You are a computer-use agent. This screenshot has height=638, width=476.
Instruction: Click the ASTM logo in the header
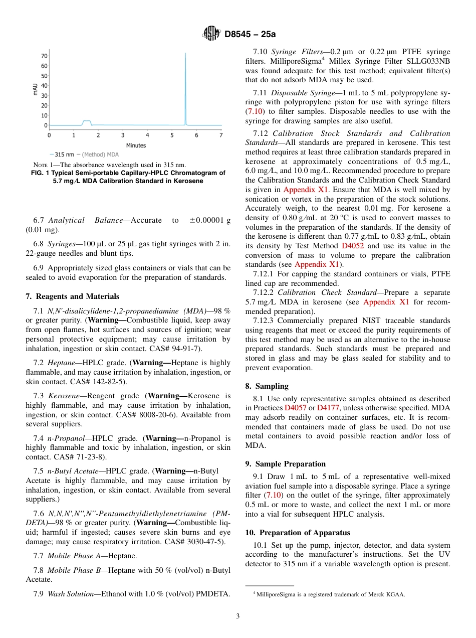click(x=210, y=34)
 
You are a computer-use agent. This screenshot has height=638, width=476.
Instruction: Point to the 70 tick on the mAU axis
click(x=44, y=56)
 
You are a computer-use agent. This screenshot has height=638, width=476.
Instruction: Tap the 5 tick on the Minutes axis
click(x=172, y=135)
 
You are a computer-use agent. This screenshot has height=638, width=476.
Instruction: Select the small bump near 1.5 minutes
click(x=87, y=122)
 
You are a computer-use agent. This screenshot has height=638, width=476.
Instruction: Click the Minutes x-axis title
click(x=136, y=145)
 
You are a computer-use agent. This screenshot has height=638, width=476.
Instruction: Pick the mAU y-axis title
click(x=35, y=89)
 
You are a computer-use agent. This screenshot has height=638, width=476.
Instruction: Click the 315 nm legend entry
click(x=64, y=154)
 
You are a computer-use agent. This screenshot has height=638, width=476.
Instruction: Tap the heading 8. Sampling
click(x=267, y=386)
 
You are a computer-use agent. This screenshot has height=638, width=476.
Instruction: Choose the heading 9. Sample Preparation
click(x=285, y=464)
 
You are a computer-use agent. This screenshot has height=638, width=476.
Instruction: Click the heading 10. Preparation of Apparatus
click(x=298, y=533)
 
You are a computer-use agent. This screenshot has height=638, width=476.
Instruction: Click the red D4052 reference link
click(x=352, y=246)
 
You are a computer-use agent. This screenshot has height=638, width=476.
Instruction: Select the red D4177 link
click(x=327, y=408)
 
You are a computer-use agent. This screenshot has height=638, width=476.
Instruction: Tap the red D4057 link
click(x=295, y=408)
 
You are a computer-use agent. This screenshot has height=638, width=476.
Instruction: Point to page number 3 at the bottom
click(x=237, y=616)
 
